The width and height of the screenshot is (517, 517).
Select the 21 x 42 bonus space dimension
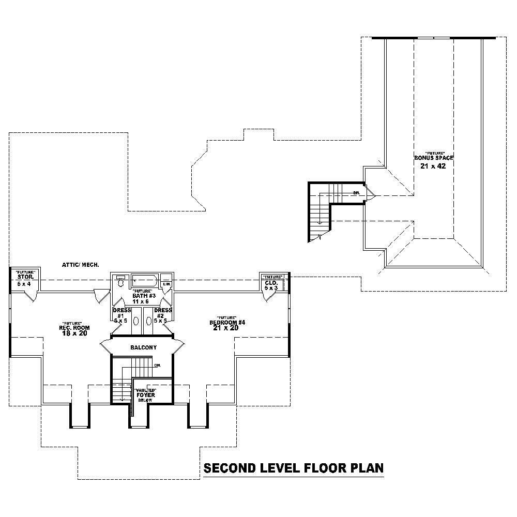433,166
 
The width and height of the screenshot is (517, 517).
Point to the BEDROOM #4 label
227,323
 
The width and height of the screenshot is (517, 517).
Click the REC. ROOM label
75,328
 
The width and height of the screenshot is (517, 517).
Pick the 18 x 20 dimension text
74,333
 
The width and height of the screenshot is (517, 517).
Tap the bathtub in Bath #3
144,281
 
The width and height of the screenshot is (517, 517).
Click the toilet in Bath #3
120,281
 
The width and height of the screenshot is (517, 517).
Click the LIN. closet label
166,284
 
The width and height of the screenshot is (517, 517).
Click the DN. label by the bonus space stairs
357,192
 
